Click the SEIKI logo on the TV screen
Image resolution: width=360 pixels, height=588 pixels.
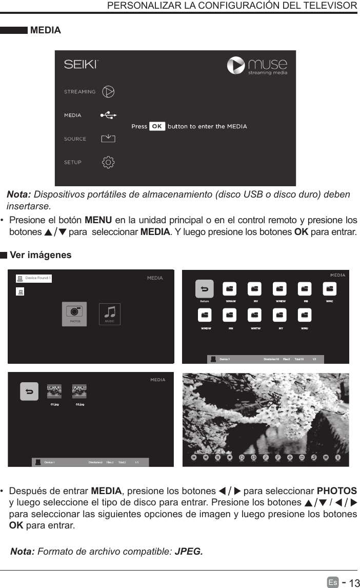(x=81, y=65)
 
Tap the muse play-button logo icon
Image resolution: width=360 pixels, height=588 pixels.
(x=236, y=66)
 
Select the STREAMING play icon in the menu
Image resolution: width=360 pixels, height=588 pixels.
(x=108, y=91)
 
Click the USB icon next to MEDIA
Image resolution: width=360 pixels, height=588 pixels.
(x=108, y=115)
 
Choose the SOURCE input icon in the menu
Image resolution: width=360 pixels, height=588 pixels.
(x=108, y=139)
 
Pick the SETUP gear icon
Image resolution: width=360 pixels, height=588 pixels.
(x=108, y=162)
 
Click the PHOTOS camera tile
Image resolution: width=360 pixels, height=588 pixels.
(x=75, y=313)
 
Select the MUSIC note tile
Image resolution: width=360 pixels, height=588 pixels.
(x=110, y=313)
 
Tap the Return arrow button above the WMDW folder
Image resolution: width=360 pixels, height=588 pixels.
(x=204, y=289)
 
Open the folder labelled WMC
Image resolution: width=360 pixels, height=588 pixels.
(x=330, y=289)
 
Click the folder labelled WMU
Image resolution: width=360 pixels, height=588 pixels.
(x=305, y=315)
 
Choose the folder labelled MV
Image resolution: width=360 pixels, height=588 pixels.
(x=255, y=289)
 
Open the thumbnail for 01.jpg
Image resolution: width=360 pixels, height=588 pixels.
(x=54, y=391)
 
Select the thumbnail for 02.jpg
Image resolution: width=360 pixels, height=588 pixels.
(x=79, y=391)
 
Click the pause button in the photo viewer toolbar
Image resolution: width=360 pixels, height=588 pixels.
(x=218, y=457)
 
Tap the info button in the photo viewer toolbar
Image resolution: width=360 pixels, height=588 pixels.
(x=338, y=457)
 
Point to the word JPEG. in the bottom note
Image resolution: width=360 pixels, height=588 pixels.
(x=189, y=552)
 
